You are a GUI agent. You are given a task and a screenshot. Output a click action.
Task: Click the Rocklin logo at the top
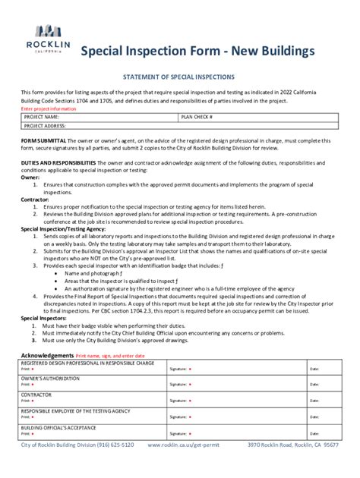[52, 36]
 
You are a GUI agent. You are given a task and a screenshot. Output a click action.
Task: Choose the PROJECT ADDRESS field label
[47, 126]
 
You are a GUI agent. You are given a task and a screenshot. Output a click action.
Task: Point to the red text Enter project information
[48, 109]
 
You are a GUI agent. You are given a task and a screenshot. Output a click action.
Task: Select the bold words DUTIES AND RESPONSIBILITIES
[58, 163]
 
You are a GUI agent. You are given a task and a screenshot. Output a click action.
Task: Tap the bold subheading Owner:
[30, 177]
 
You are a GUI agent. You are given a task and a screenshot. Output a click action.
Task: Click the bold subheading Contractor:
[35, 198]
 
